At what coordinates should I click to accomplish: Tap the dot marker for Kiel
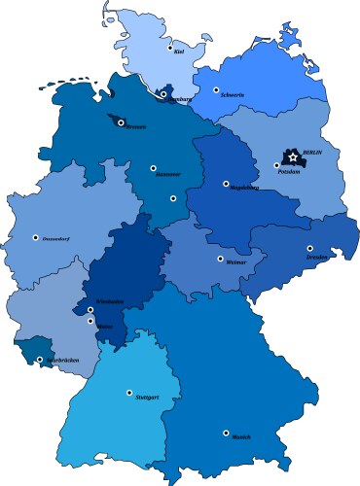point(170,48)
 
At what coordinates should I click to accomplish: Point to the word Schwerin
point(233,95)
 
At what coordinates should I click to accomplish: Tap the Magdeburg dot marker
point(226,183)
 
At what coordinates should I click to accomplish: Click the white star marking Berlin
point(293,156)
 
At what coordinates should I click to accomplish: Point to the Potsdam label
point(287,171)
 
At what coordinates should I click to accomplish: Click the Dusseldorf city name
point(54,238)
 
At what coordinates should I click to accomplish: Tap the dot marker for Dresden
point(309,248)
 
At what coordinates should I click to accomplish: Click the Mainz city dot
point(90,321)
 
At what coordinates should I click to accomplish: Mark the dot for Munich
point(226,433)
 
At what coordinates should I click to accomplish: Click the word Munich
point(240,437)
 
